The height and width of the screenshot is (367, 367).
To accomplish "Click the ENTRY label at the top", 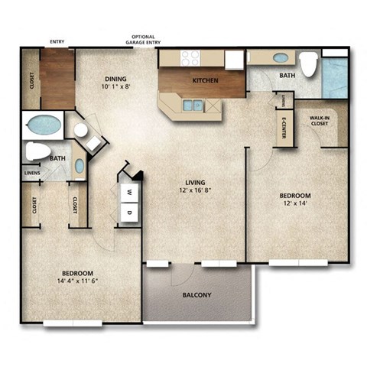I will click(x=57, y=42).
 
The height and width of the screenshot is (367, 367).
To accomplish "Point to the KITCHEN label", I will click(x=204, y=80).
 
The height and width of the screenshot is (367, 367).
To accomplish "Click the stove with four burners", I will click(x=190, y=57).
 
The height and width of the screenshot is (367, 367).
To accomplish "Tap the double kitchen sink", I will click(x=193, y=105).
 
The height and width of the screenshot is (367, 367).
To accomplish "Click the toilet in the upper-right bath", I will click(x=308, y=65).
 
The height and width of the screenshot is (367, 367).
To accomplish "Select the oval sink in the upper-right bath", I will click(x=281, y=57).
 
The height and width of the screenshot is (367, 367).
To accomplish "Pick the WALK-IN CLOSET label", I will click(x=320, y=121).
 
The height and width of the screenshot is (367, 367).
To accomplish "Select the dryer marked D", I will click(x=129, y=211).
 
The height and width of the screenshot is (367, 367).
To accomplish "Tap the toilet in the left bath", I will click(x=37, y=151).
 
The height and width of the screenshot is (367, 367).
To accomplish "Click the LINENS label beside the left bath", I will click(x=31, y=174).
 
